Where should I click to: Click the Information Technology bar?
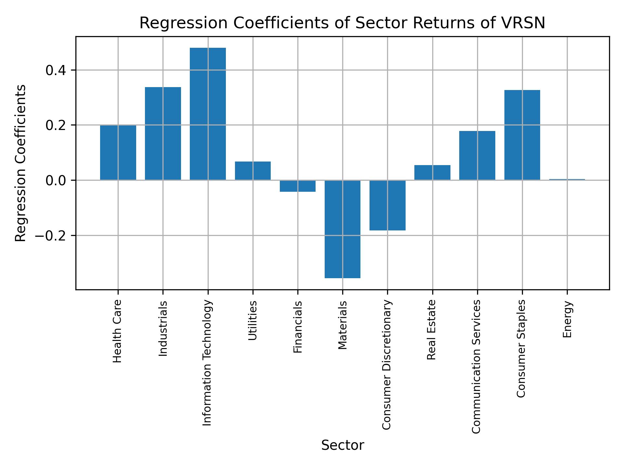(x=208, y=114)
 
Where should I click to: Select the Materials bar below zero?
(x=343, y=229)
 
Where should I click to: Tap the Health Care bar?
(x=118, y=152)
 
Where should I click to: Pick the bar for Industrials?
(x=163, y=133)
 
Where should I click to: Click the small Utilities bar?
(x=253, y=171)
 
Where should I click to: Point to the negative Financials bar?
(x=298, y=186)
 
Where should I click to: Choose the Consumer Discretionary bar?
(x=387, y=205)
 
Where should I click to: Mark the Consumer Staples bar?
(x=522, y=135)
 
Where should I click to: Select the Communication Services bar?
(x=477, y=155)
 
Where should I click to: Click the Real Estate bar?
(x=432, y=173)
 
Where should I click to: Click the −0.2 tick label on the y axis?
(x=51, y=235)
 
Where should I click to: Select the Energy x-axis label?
(x=567, y=319)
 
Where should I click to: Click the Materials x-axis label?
(x=343, y=325)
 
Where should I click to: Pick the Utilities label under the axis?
(x=253, y=320)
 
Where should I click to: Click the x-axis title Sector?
(x=343, y=445)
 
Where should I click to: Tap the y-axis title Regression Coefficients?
(x=21, y=163)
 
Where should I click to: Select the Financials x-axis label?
(x=298, y=327)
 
